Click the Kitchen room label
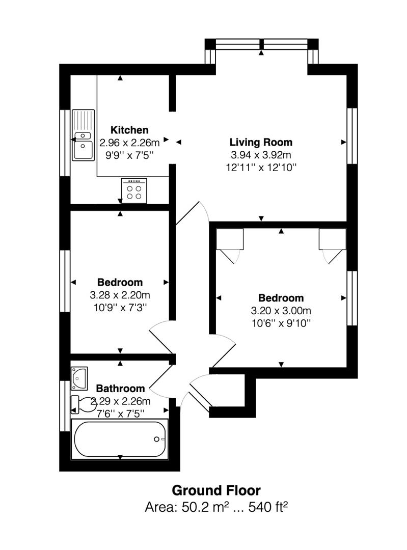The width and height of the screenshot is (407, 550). pos(129,130)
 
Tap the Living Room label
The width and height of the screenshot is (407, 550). pos(261,142)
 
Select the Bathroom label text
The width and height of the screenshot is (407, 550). pos(120,388)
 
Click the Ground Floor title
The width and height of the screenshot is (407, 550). pos(216,490)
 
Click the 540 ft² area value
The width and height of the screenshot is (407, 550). pos(268,507)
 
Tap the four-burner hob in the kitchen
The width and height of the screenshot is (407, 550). pos(134,190)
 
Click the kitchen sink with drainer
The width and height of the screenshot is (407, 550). pos(84,135)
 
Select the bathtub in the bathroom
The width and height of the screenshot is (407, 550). pos(120,439)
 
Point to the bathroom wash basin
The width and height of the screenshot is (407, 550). pos(79,378)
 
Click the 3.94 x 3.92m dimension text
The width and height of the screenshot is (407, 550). pos(261,155)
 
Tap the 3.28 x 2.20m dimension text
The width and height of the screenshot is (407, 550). pos(120,295)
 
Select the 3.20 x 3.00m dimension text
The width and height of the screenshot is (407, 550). pos(281,311)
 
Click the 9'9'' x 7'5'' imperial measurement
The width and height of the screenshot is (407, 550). pos(129,155)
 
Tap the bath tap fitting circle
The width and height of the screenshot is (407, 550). pos(156,439)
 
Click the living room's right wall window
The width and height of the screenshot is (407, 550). pos(352,136)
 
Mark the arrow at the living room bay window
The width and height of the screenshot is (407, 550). pos(261,52)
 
